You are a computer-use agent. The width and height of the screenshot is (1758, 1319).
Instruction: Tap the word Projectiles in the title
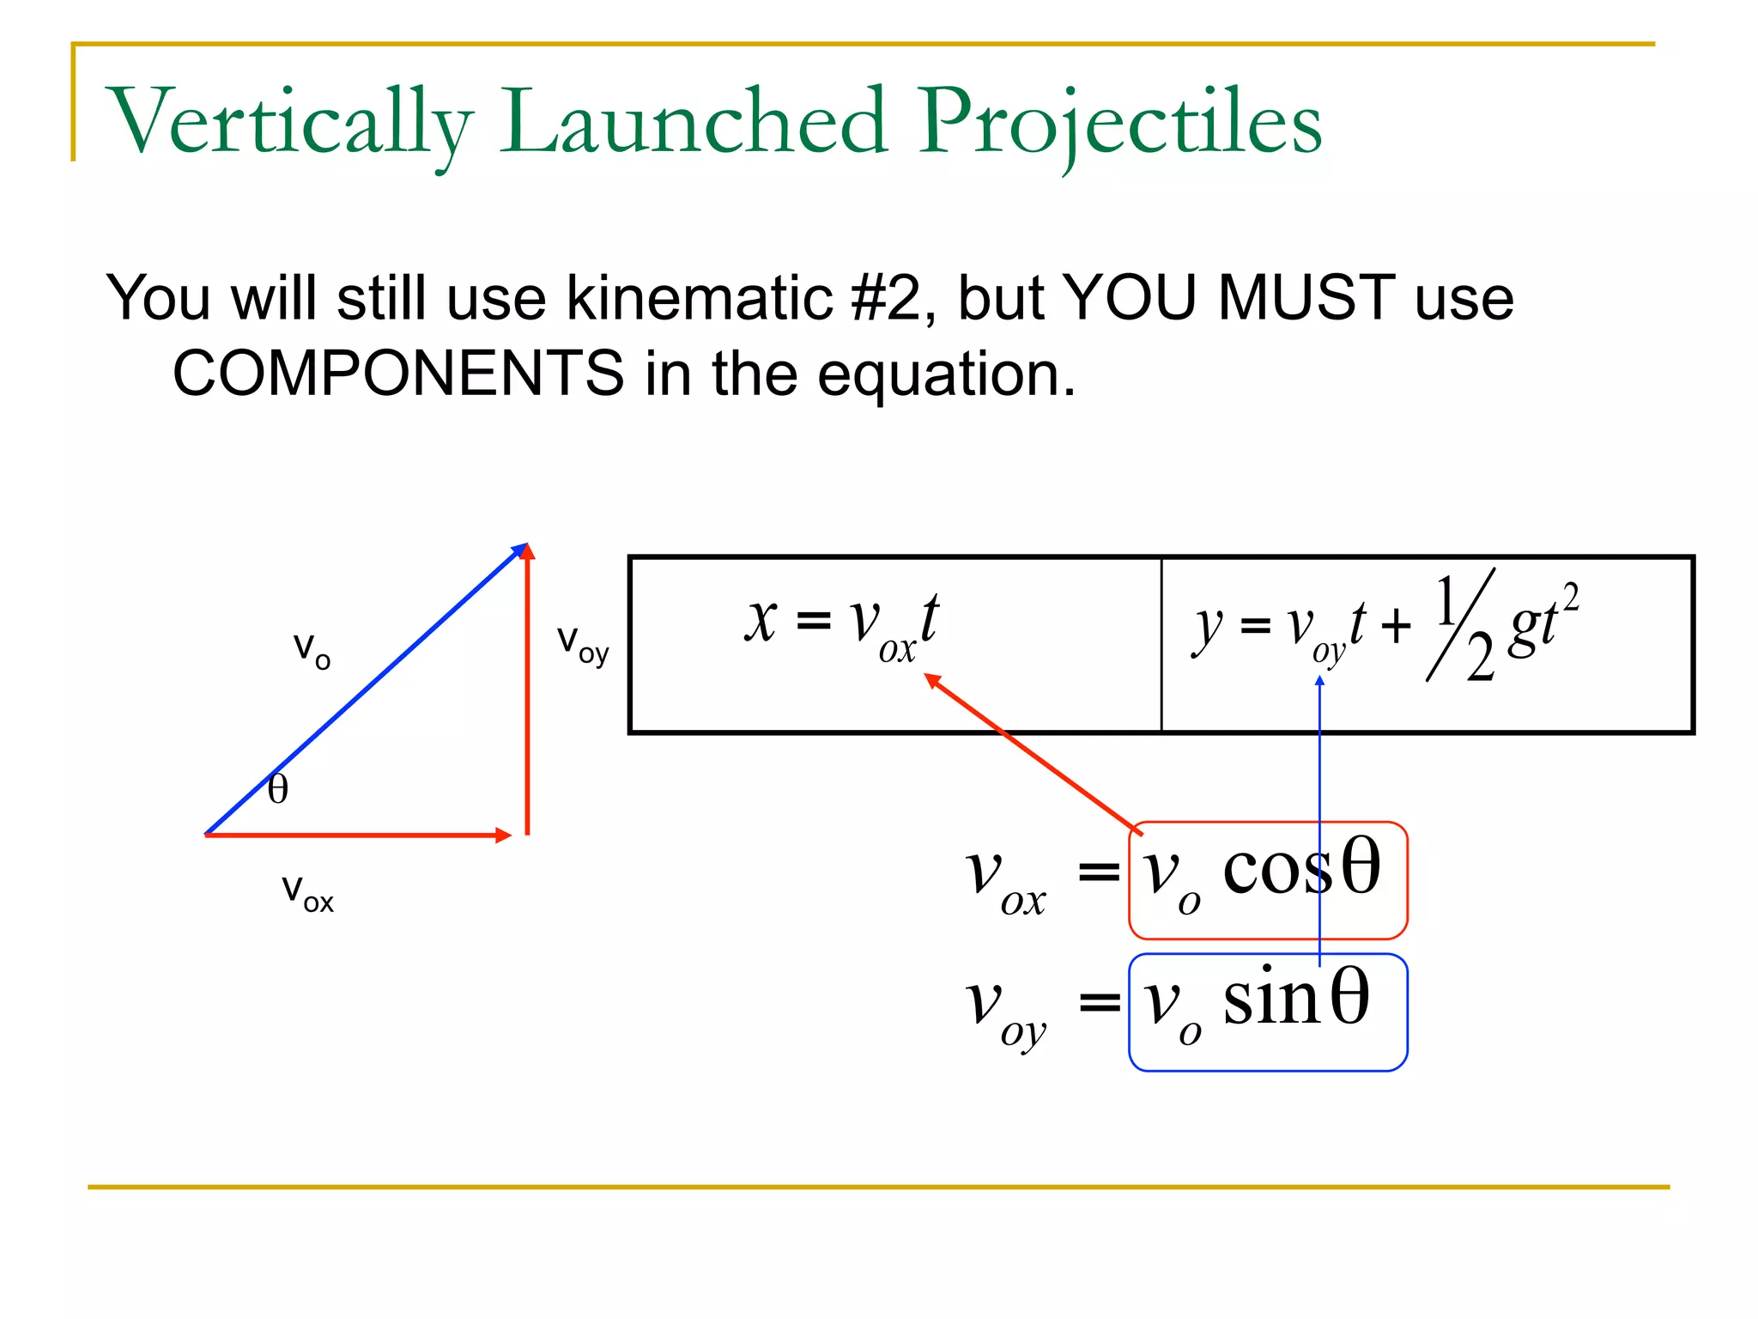pyautogui.click(x=1120, y=122)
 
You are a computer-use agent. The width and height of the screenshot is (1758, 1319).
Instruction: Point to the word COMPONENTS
pyautogui.click(x=398, y=374)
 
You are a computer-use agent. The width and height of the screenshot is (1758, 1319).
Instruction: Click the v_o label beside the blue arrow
pyautogui.click(x=311, y=650)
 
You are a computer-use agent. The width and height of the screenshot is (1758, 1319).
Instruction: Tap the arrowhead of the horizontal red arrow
pyautogui.click(x=503, y=835)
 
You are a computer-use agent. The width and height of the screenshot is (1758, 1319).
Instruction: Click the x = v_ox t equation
pyautogui.click(x=841, y=622)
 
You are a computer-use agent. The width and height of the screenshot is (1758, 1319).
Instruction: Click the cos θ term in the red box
pyautogui.click(x=1300, y=869)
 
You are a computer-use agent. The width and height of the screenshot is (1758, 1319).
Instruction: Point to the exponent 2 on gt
pyautogui.click(x=1570, y=595)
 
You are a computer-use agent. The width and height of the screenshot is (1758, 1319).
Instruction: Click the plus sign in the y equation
pyautogui.click(x=1396, y=625)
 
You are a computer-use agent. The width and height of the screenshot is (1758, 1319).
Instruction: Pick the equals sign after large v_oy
pyautogui.click(x=1099, y=1001)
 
